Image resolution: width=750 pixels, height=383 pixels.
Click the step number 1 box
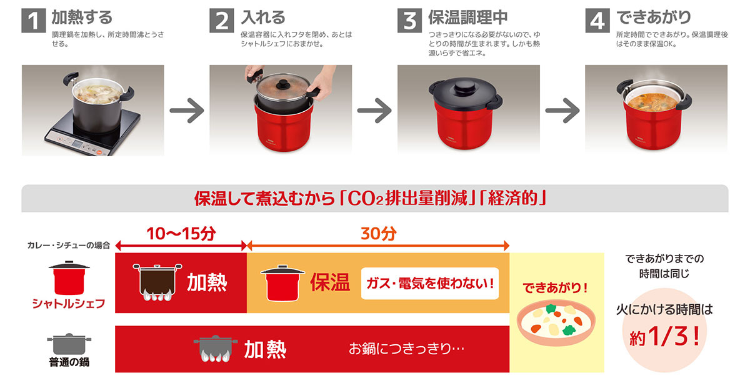tap(34, 20)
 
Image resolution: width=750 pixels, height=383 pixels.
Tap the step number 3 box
tap(409, 20)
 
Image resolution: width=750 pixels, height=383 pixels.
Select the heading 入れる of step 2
tap(263, 16)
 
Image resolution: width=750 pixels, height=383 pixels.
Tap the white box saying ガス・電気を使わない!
tap(429, 283)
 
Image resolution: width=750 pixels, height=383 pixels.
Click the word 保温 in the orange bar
tap(329, 282)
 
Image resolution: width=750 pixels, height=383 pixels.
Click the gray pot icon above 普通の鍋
tap(69, 343)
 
